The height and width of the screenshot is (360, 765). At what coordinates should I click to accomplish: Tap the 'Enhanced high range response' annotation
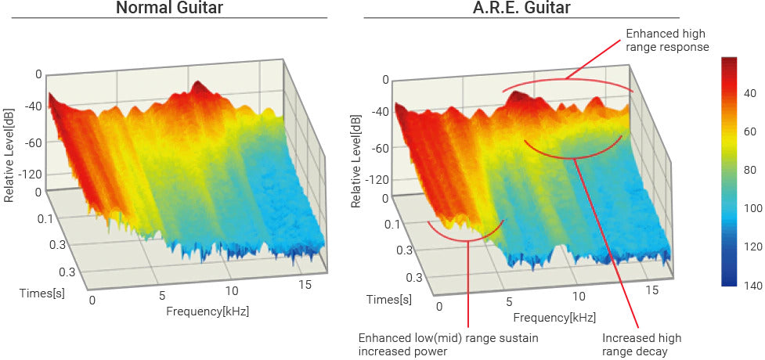[667, 41]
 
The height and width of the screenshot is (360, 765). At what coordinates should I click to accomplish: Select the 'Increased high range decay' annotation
[641, 344]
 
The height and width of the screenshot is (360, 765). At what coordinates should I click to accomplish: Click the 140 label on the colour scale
[752, 286]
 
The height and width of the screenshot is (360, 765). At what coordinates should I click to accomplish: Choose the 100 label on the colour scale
[752, 209]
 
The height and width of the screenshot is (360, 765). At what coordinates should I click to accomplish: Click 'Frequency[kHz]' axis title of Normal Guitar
[207, 311]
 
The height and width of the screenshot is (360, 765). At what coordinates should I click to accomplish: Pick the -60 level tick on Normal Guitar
[32, 144]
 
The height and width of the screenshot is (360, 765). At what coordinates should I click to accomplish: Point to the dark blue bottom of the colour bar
[730, 280]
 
